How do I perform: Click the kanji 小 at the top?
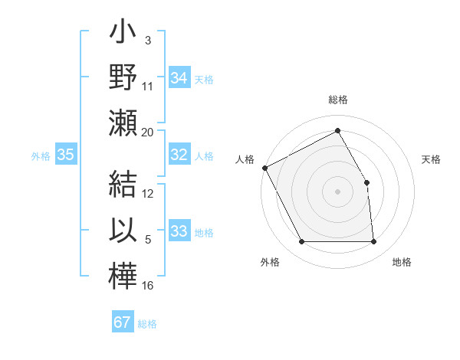pyautogui.click(x=123, y=37)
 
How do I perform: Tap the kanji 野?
pyautogui.click(x=123, y=77)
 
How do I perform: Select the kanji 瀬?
pyautogui.click(x=123, y=123)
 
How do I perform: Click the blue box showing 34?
pyautogui.click(x=179, y=78)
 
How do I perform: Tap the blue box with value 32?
pyautogui.click(x=179, y=155)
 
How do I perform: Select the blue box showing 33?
pyautogui.click(x=179, y=231)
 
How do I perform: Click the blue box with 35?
pyautogui.click(x=66, y=155)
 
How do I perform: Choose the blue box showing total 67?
pyautogui.click(x=123, y=322)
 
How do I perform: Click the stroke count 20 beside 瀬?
pyautogui.click(x=148, y=132)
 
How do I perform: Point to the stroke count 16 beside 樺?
pyautogui.click(x=148, y=285)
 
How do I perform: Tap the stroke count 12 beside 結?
pyautogui.click(x=148, y=193)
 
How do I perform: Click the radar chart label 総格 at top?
pyautogui.click(x=338, y=100)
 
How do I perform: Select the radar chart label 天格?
pyautogui.click(x=432, y=159)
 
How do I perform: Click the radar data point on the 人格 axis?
pyautogui.click(x=264, y=167)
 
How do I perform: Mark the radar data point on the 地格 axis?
pyautogui.click(x=373, y=242)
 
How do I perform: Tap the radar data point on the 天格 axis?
pyautogui.click(x=366, y=182)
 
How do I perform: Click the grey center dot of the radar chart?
pyautogui.click(x=338, y=191)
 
